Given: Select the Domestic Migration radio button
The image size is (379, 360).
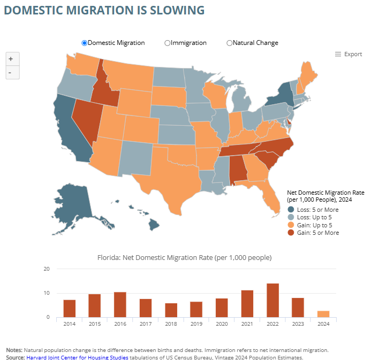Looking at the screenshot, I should (85, 43).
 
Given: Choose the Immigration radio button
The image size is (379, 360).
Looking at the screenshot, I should (168, 43).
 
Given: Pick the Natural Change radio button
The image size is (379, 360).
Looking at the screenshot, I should (230, 43).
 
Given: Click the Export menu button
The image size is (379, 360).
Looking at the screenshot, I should (348, 54).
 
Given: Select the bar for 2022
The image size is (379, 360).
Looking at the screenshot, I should (273, 300).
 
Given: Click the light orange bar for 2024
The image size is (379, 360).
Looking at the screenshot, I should (323, 314).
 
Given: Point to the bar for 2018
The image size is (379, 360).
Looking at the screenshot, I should (171, 310).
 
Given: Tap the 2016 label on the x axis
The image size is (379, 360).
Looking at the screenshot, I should (120, 324).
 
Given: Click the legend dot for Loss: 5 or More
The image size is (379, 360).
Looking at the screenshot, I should (291, 210).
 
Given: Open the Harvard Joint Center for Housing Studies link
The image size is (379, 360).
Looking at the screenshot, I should (77, 357).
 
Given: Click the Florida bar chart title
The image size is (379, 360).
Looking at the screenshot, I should (185, 258).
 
